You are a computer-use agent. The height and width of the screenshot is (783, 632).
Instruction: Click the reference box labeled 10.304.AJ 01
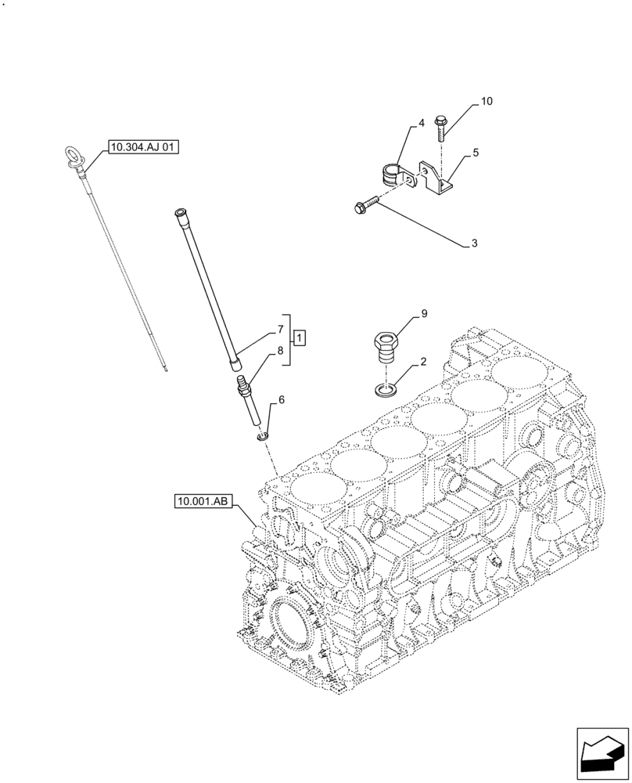pyautogui.click(x=145, y=146)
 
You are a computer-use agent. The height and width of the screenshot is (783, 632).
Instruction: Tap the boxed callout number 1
pyautogui.click(x=300, y=338)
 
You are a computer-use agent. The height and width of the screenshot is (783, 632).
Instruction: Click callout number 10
pyautogui.click(x=487, y=102)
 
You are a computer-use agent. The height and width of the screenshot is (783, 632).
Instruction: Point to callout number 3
pyautogui.click(x=474, y=244)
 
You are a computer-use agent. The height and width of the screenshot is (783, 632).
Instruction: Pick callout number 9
pyautogui.click(x=424, y=314)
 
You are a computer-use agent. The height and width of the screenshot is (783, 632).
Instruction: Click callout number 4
pyautogui.click(x=421, y=124)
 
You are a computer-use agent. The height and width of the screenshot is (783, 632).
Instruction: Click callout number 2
pyautogui.click(x=423, y=362)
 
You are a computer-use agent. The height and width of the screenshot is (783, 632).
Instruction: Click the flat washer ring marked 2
pyautogui.click(x=385, y=388)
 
